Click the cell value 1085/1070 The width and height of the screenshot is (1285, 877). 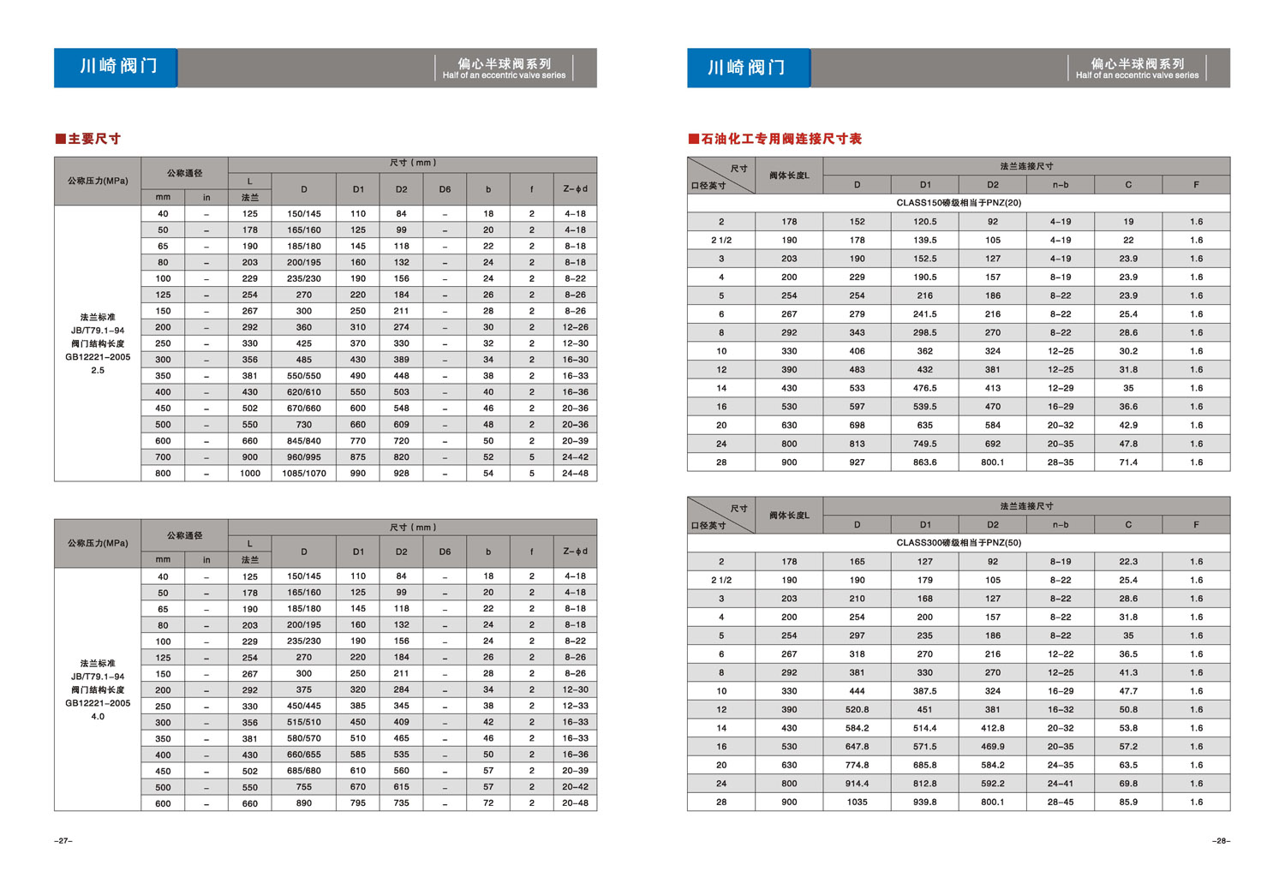pos(303,473)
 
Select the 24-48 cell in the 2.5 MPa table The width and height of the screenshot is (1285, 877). pos(575,473)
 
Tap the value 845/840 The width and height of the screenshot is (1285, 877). pos(303,440)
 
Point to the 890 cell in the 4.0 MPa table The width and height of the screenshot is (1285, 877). pos(303,803)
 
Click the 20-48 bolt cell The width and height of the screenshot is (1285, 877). pos(575,803)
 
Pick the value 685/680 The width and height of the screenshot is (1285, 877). pos(303,771)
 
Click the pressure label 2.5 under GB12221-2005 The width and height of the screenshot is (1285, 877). pos(98,371)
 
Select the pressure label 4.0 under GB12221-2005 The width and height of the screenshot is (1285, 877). pos(98,717)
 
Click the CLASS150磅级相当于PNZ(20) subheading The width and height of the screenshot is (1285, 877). pos(959,203)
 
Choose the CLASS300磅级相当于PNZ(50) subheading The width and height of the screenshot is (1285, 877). pos(959,543)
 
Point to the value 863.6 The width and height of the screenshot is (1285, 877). pos(925,462)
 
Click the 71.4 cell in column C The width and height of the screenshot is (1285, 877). pos(1128,462)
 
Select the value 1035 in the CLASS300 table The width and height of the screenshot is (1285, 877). pos(857,802)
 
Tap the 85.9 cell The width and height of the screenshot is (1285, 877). pos(1128,802)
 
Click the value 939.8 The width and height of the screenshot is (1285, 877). pos(925,802)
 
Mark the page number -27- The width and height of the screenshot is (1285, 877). pos(63,841)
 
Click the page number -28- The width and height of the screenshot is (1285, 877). pos(1221,841)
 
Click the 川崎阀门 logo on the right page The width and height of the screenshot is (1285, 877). pos(747,68)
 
